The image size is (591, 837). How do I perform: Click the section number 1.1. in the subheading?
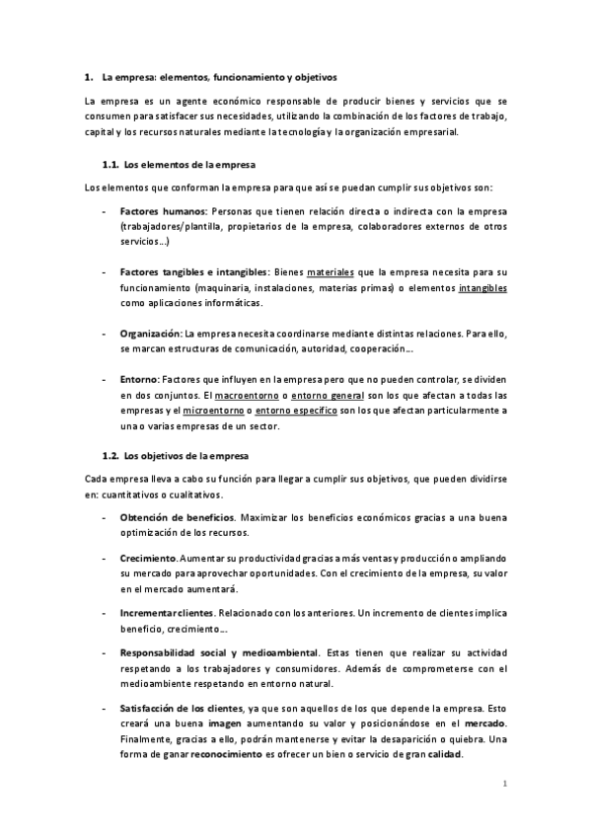pos(111,164)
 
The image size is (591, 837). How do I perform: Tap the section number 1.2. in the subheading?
pos(111,456)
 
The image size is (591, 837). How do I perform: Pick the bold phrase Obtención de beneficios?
pos(177,517)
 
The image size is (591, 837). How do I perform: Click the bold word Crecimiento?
pos(148,558)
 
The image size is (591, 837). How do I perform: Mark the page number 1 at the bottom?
pos(504,785)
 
